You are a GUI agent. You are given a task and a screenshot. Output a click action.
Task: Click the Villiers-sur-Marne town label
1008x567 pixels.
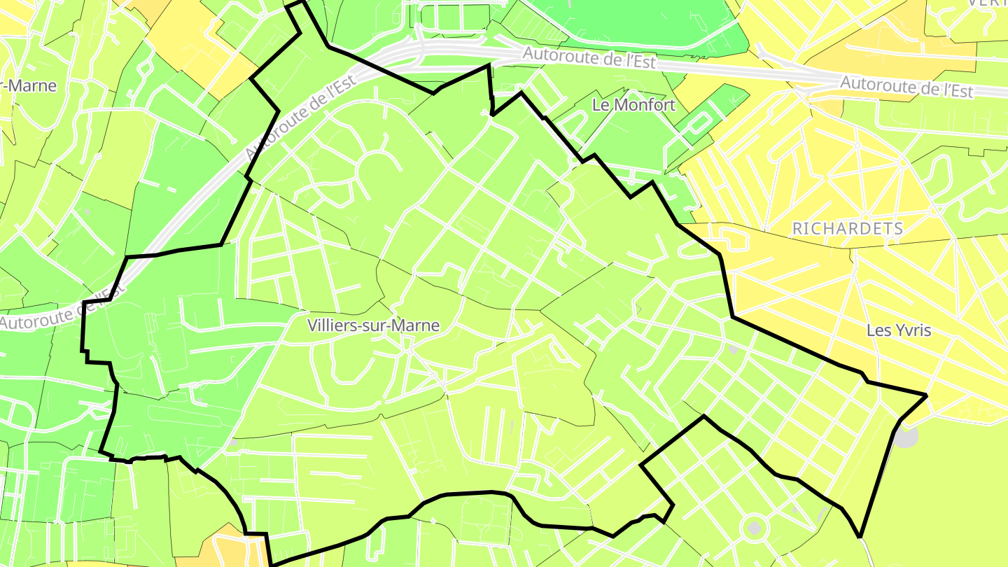coord(374,325)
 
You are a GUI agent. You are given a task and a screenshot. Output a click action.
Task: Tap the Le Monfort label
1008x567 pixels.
coord(633,105)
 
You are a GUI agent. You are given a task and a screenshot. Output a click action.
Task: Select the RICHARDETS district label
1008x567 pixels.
coord(848,228)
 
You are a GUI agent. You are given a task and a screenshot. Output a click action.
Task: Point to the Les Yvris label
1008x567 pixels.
coord(898,330)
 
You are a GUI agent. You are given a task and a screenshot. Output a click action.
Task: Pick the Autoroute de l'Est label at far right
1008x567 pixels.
coord(906,87)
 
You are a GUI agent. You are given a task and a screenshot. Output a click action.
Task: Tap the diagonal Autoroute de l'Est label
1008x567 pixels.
coord(301,118)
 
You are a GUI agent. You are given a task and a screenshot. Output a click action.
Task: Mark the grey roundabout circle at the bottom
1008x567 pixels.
coord(754,528)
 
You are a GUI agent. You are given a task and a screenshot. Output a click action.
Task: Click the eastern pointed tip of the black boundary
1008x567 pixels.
coord(926,395)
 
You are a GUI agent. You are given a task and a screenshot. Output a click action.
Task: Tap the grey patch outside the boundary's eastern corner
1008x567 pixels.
coord(906,437)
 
